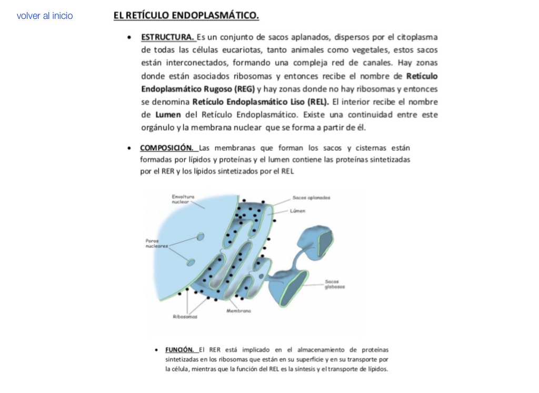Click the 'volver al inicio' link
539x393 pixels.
click(x=45, y=16)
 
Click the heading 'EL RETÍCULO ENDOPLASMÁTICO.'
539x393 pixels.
click(x=186, y=16)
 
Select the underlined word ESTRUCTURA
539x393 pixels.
click(x=167, y=37)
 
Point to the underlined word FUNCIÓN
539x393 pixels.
click(x=180, y=349)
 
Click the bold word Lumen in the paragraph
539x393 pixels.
click(x=168, y=115)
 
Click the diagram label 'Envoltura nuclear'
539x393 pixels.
click(x=183, y=199)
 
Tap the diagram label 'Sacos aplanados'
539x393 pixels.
click(x=312, y=198)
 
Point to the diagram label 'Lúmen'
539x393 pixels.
click(x=297, y=211)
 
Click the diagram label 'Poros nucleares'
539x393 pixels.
click(x=156, y=243)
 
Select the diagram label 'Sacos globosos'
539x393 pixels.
click(x=335, y=284)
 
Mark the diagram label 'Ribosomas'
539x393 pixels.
click(x=185, y=317)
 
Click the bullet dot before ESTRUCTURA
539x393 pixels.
click(x=129, y=38)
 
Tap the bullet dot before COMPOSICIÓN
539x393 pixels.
click(x=129, y=148)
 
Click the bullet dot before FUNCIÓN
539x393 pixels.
click(x=157, y=350)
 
